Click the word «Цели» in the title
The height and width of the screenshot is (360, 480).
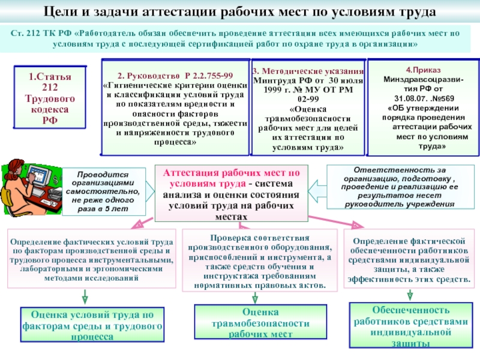[59, 12]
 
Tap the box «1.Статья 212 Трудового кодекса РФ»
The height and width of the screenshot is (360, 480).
[50, 97]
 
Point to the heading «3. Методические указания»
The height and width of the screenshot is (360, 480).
[308, 71]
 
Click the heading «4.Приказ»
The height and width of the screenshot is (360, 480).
[423, 70]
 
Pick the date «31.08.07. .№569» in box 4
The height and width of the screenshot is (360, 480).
[424, 98]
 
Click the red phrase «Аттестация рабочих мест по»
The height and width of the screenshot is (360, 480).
[232, 173]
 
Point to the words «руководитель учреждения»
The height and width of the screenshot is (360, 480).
[400, 204]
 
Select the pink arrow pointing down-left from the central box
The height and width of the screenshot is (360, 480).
[142, 223]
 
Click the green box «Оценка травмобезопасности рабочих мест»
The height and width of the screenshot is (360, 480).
[260, 322]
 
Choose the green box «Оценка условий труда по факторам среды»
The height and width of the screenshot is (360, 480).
[92, 325]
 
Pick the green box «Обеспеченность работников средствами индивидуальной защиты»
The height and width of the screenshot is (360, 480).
[411, 325]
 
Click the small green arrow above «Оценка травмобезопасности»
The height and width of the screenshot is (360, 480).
[254, 298]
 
